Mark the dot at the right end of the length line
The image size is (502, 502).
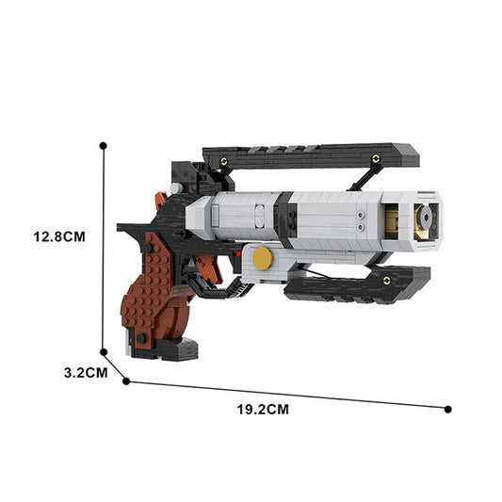point(448,409)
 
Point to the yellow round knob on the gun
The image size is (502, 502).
point(264,257)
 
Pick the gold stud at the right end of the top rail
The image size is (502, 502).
point(375,159)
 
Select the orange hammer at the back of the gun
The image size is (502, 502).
point(162,200)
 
